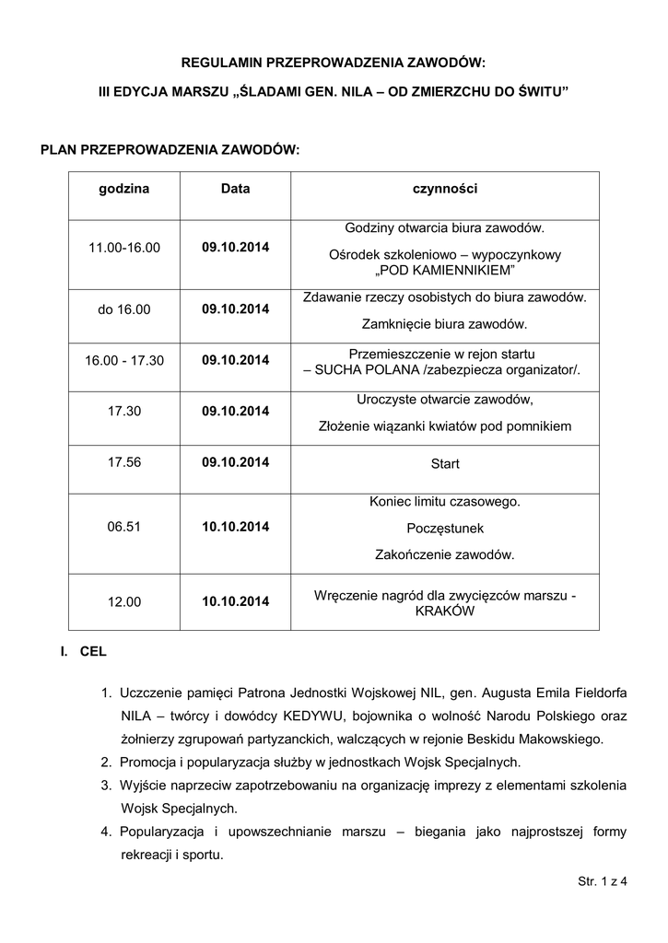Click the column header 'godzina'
[x=124, y=189]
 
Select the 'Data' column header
[x=235, y=189]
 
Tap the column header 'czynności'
[x=444, y=189]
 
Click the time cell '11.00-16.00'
[x=124, y=248]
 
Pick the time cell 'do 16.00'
[x=124, y=309]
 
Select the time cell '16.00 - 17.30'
[x=124, y=360]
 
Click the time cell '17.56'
[x=124, y=463]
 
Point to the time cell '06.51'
[x=124, y=527]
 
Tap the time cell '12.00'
[x=124, y=601]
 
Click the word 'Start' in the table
[x=445, y=464]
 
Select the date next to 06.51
[x=235, y=527]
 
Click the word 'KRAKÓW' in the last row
[x=445, y=611]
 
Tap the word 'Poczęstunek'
[x=445, y=529]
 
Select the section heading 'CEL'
[x=93, y=651]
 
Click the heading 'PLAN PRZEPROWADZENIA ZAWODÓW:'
[x=170, y=149]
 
